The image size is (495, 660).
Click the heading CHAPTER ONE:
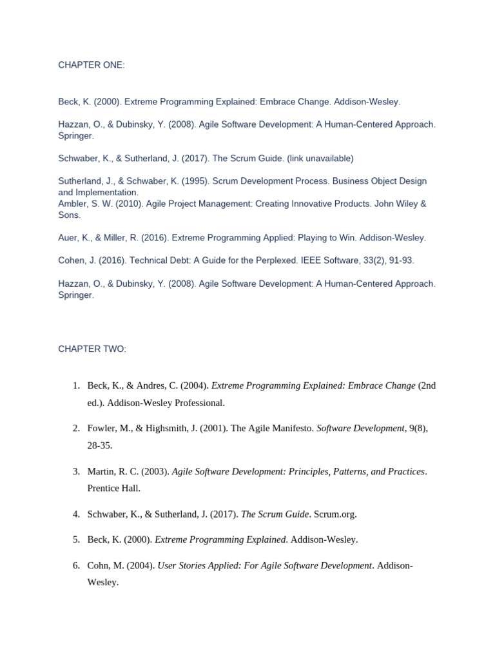pos(92,65)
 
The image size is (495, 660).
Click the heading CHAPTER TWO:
pos(92,349)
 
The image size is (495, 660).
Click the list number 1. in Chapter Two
pos(76,385)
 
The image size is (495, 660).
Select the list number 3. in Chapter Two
pos(76,471)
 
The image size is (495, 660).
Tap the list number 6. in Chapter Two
pos(76,565)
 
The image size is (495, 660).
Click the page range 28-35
pos(100,445)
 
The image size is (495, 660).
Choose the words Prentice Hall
pos(113,488)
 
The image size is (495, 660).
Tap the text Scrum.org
pos(334,514)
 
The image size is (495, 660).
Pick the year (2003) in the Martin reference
pos(156,471)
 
